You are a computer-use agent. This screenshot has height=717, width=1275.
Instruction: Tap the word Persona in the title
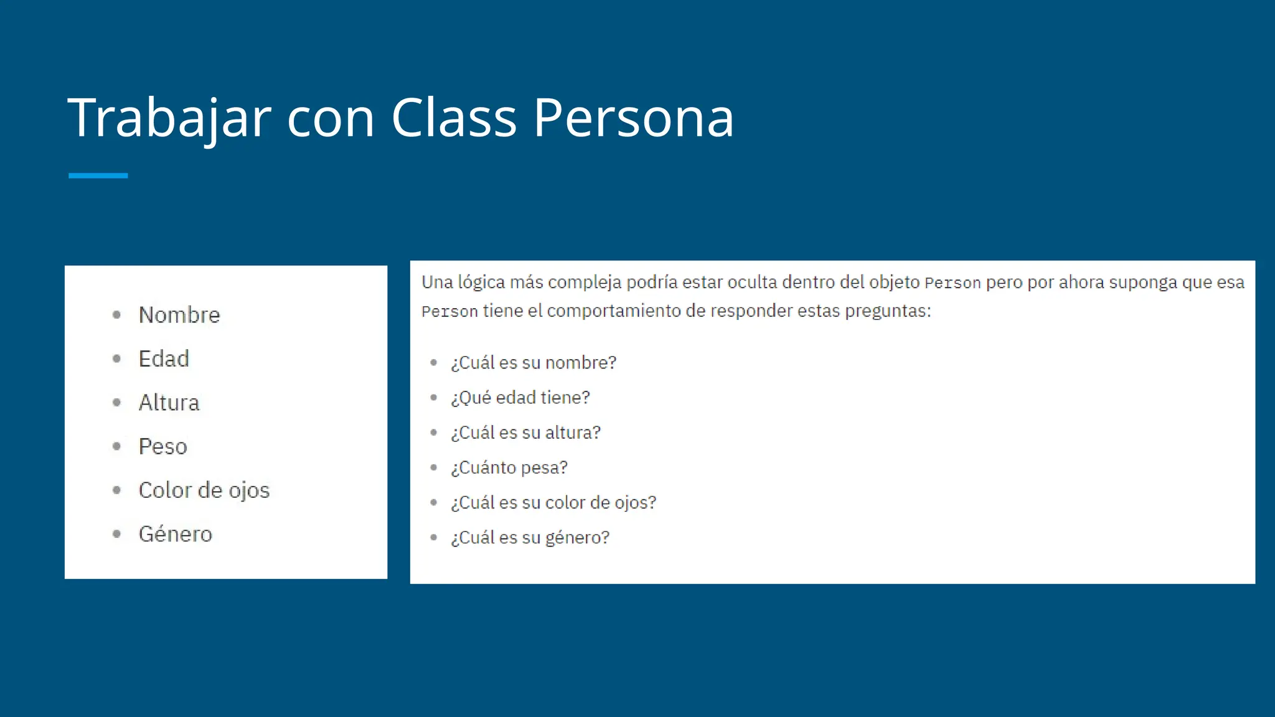[x=634, y=118]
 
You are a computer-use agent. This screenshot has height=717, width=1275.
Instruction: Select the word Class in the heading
[x=454, y=118]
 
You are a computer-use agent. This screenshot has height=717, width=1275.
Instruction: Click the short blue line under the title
[x=98, y=176]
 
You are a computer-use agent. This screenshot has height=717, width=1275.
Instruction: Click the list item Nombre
[x=179, y=315]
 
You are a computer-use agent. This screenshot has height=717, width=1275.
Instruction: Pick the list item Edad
[x=164, y=359]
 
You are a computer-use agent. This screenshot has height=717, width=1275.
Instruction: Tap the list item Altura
[x=169, y=403]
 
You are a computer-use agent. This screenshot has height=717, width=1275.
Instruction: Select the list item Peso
[x=162, y=447]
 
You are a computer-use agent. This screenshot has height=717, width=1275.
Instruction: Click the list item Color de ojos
[x=204, y=490]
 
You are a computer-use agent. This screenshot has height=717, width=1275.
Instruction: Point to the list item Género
[x=175, y=534]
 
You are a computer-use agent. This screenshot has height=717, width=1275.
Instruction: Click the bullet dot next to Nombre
[x=116, y=315]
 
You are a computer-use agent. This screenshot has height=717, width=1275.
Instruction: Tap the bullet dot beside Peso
[x=116, y=446]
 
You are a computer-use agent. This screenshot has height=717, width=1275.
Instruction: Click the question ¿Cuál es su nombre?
[x=534, y=363]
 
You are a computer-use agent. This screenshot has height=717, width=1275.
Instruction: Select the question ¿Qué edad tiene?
[x=520, y=398]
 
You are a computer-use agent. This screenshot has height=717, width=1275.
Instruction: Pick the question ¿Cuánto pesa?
[x=509, y=467]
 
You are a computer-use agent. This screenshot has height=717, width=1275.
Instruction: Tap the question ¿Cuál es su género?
[x=530, y=538]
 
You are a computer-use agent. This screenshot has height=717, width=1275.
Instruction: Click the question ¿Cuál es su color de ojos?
[x=553, y=503]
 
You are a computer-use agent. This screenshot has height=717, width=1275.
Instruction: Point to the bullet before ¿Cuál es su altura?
[x=434, y=433]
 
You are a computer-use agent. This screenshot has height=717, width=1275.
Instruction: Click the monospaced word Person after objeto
[x=953, y=283]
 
